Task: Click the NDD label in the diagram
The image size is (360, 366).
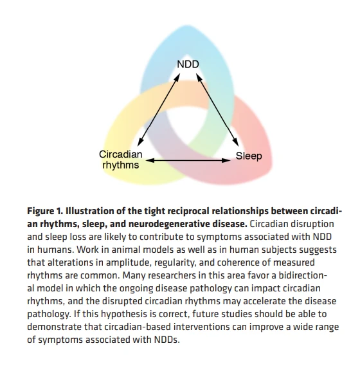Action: point(188,64)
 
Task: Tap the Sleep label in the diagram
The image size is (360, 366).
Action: point(249,156)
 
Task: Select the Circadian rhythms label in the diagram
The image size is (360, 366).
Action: point(121,160)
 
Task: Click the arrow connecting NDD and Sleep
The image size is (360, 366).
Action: point(217,110)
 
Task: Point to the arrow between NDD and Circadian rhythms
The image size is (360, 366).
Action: point(159,110)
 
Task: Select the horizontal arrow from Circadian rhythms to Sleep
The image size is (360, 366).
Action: point(188,160)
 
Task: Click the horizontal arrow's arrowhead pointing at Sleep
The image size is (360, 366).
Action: point(226,160)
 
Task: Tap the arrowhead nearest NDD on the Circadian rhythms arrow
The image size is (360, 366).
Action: point(177,78)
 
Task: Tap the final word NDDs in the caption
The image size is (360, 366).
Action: point(166,340)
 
